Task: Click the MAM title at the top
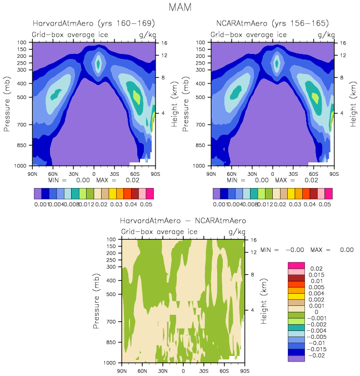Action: point(179,8)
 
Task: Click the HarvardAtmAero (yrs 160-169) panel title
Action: point(93,23)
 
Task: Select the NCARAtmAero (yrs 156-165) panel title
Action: point(272,23)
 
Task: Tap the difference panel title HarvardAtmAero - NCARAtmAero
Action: point(183,221)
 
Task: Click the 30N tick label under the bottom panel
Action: point(163,370)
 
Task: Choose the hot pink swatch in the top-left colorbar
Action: point(149,193)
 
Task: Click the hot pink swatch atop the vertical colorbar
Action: point(296,264)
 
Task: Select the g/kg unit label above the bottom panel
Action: point(237,231)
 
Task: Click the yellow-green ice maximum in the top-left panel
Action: point(137,96)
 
